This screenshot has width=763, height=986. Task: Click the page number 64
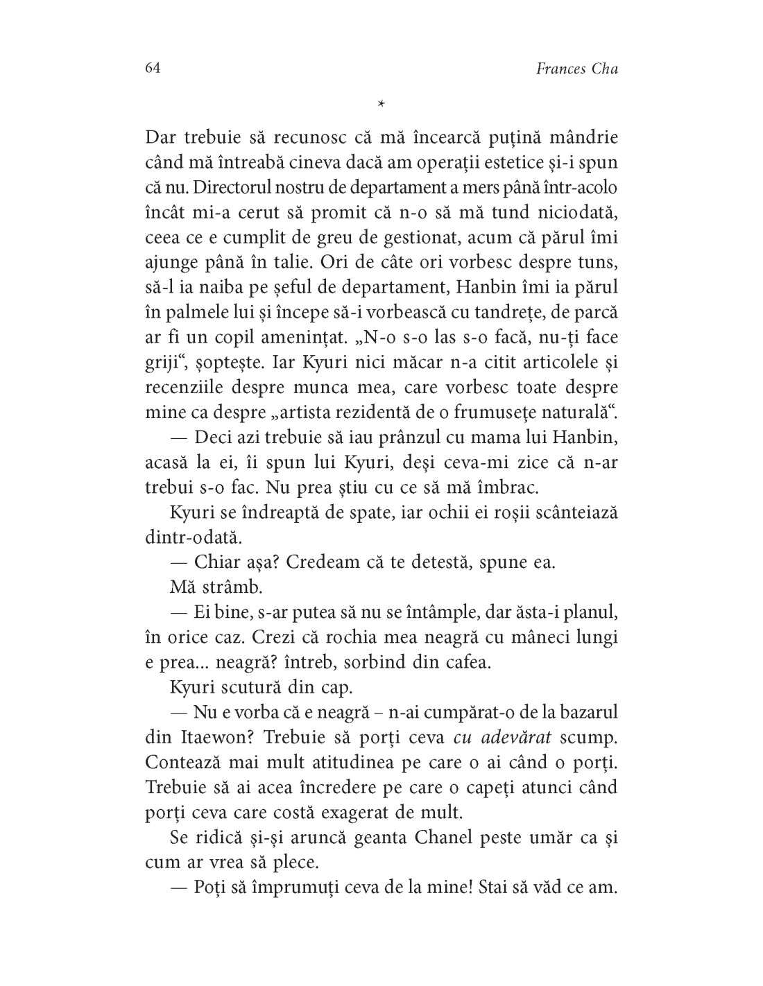[x=153, y=68]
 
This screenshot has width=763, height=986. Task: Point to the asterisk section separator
[x=381, y=105]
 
